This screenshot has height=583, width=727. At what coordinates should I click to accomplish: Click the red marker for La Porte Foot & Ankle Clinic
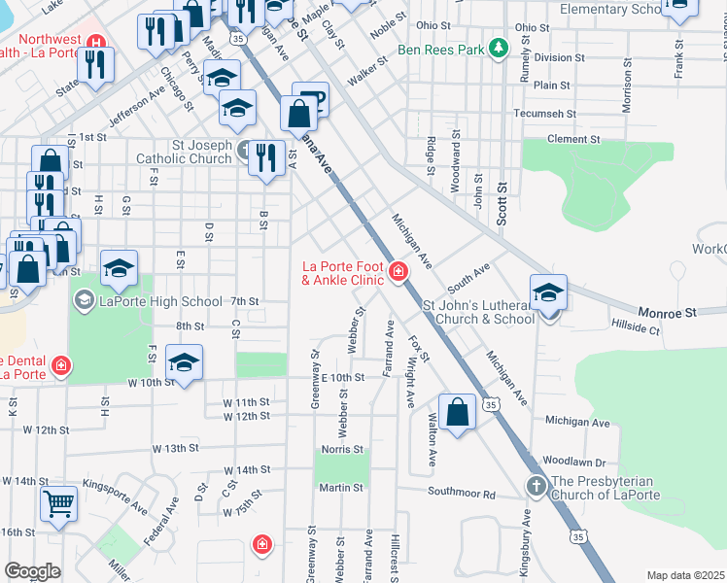point(398,271)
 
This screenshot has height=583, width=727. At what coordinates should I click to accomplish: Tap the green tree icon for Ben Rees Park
point(499,48)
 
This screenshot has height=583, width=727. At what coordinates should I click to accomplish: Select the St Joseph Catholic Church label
point(202,153)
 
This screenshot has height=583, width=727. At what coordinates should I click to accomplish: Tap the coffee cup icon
point(310,100)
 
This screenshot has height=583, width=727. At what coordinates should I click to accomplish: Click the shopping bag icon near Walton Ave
point(457,412)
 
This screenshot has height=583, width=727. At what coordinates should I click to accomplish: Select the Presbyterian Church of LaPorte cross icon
point(536,485)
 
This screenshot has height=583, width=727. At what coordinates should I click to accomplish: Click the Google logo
point(33,570)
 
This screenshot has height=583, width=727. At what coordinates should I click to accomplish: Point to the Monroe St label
point(669,313)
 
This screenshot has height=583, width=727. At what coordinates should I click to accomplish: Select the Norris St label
point(344,449)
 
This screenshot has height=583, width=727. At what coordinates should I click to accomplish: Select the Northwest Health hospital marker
point(95,43)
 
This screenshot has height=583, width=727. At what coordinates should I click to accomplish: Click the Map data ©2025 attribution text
point(685,575)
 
